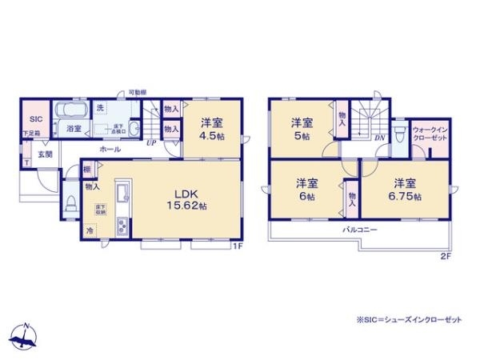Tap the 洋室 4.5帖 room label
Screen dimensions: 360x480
tap(211, 128)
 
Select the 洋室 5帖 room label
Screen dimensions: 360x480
tap(302, 128)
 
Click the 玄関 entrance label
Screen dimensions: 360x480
tap(44, 154)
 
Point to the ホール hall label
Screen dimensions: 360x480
tap(110, 149)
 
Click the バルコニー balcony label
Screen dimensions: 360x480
tap(362, 230)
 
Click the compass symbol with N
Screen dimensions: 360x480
tap(26, 336)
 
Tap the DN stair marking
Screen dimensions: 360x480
tap(379, 138)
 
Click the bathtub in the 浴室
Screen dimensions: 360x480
tap(72, 110)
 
